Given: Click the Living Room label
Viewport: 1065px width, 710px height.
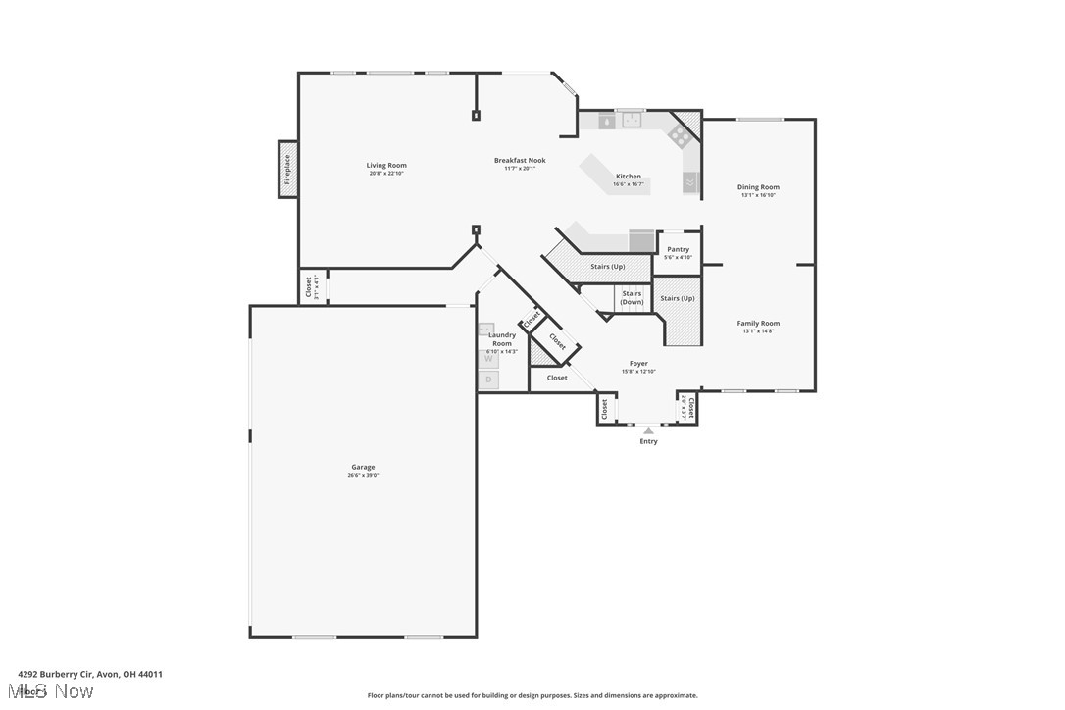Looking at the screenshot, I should [x=386, y=165].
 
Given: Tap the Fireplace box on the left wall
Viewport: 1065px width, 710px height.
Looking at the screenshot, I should [x=287, y=170].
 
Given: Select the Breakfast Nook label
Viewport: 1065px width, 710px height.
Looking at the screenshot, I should [x=520, y=160].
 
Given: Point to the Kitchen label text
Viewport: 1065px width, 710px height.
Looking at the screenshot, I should [x=628, y=177].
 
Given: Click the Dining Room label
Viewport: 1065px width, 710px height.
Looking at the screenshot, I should [x=758, y=186].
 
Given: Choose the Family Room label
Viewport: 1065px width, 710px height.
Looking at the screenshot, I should [x=758, y=323].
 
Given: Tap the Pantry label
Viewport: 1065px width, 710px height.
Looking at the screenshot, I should [x=678, y=249].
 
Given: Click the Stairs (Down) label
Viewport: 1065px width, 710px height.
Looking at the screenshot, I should [x=632, y=297].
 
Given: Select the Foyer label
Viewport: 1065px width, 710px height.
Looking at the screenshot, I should [x=638, y=363].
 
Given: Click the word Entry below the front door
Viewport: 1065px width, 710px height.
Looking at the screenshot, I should [x=648, y=441].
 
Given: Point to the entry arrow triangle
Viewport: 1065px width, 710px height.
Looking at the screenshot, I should [x=647, y=430].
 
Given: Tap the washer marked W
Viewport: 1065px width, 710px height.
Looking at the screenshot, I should [x=487, y=359].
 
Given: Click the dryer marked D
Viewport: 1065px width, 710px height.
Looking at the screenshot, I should [x=487, y=380].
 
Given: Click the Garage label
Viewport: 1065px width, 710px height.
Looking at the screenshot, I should [x=363, y=467].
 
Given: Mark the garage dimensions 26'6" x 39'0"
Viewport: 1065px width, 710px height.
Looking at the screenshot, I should [x=363, y=475].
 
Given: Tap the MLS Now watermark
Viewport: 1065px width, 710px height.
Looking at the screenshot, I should [x=55, y=691].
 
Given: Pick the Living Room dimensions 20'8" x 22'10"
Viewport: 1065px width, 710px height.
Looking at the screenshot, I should [x=386, y=173].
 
